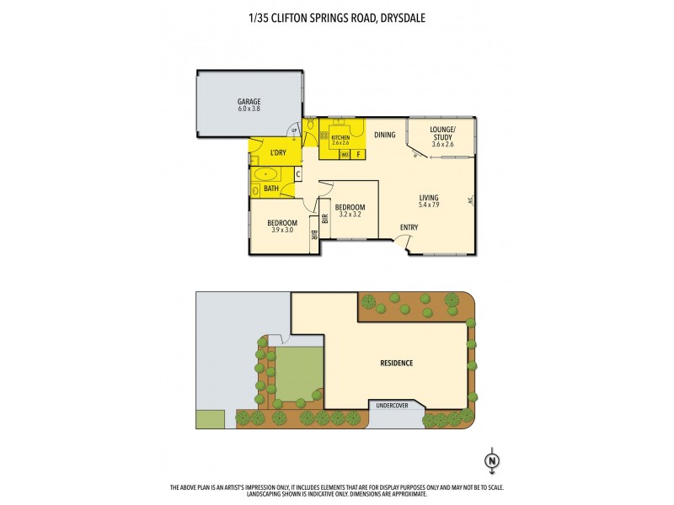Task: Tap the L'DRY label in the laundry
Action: pos(279,152)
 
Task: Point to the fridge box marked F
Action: pos(358,155)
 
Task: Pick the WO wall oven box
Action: pos(345,155)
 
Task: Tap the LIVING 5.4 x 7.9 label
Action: pos(430,200)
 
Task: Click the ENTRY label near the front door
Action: pos(409,227)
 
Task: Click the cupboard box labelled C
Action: pos(297,174)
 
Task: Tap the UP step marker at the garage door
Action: pos(292,129)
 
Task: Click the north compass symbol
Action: pos(491,460)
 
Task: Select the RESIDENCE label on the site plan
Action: pos(395,364)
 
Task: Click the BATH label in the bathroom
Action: pos(271,189)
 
